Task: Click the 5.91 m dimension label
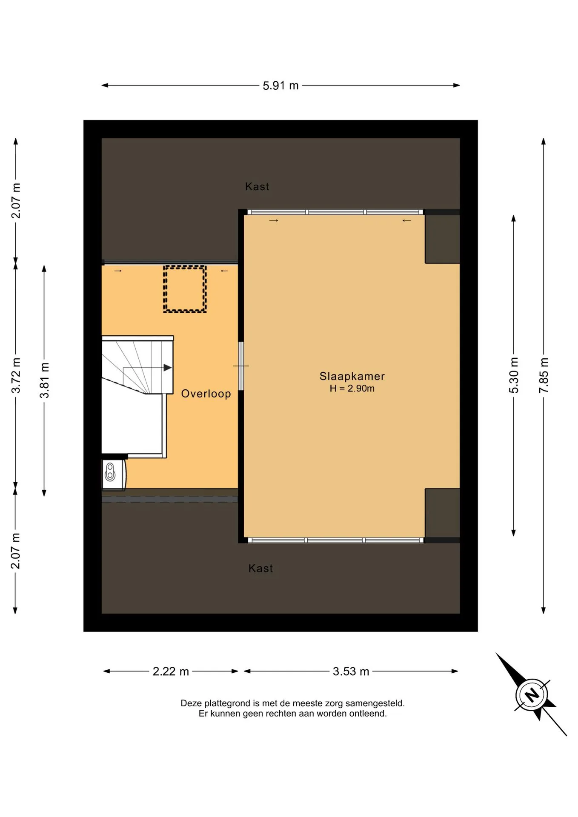click(280, 86)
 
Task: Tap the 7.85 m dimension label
click(544, 375)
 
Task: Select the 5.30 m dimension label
click(514, 375)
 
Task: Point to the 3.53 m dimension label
click(351, 671)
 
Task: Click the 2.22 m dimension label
click(171, 671)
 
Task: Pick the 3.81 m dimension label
click(44, 380)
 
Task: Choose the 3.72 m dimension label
click(16, 375)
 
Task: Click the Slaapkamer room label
click(352, 376)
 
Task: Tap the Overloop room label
click(206, 394)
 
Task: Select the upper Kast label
click(257, 186)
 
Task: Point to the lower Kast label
click(260, 568)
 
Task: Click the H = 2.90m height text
click(352, 388)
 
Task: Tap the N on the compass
click(531, 695)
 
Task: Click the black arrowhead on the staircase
click(168, 368)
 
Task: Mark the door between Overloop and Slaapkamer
click(241, 366)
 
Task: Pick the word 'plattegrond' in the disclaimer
click(226, 703)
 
